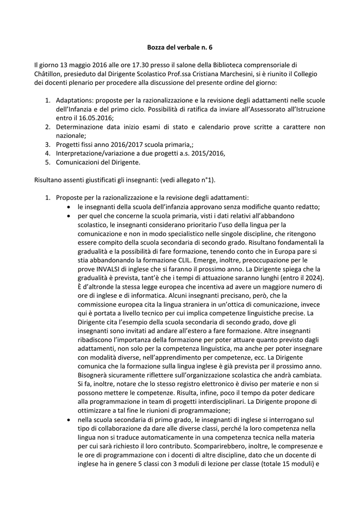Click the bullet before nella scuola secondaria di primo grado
[x=69, y=419]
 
